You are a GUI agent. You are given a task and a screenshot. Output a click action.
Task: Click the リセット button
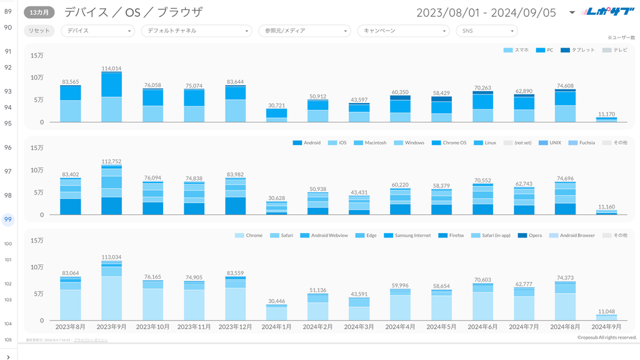[39, 31]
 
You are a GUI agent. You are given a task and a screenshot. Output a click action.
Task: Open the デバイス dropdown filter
[97, 31]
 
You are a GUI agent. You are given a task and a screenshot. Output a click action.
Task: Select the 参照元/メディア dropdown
[304, 31]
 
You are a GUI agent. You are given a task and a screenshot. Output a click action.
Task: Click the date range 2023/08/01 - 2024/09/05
[485, 12]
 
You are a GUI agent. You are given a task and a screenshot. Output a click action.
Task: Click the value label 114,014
[111, 69]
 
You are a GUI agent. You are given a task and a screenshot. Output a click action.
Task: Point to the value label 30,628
[276, 198]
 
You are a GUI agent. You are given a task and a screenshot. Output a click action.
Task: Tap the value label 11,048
[606, 311]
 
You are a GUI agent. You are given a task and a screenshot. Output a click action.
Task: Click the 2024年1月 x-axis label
[276, 327]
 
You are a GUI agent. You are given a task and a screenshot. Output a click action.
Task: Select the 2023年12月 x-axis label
[235, 327]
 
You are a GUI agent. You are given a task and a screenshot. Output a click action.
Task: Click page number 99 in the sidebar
[8, 219]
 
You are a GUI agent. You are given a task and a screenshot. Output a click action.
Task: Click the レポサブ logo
[603, 12]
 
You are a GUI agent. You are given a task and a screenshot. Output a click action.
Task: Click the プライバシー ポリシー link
[91, 340]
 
